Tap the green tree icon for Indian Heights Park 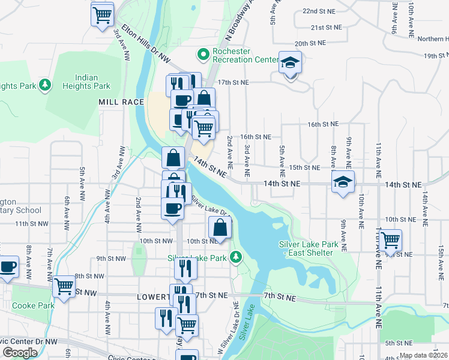point(44,86)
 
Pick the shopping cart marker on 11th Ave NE point(391,241)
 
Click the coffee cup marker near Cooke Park point(8,266)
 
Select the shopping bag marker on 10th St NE point(220,228)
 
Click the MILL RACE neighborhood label point(121,103)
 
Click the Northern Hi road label point(433,39)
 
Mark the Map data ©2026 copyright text point(423,355)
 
